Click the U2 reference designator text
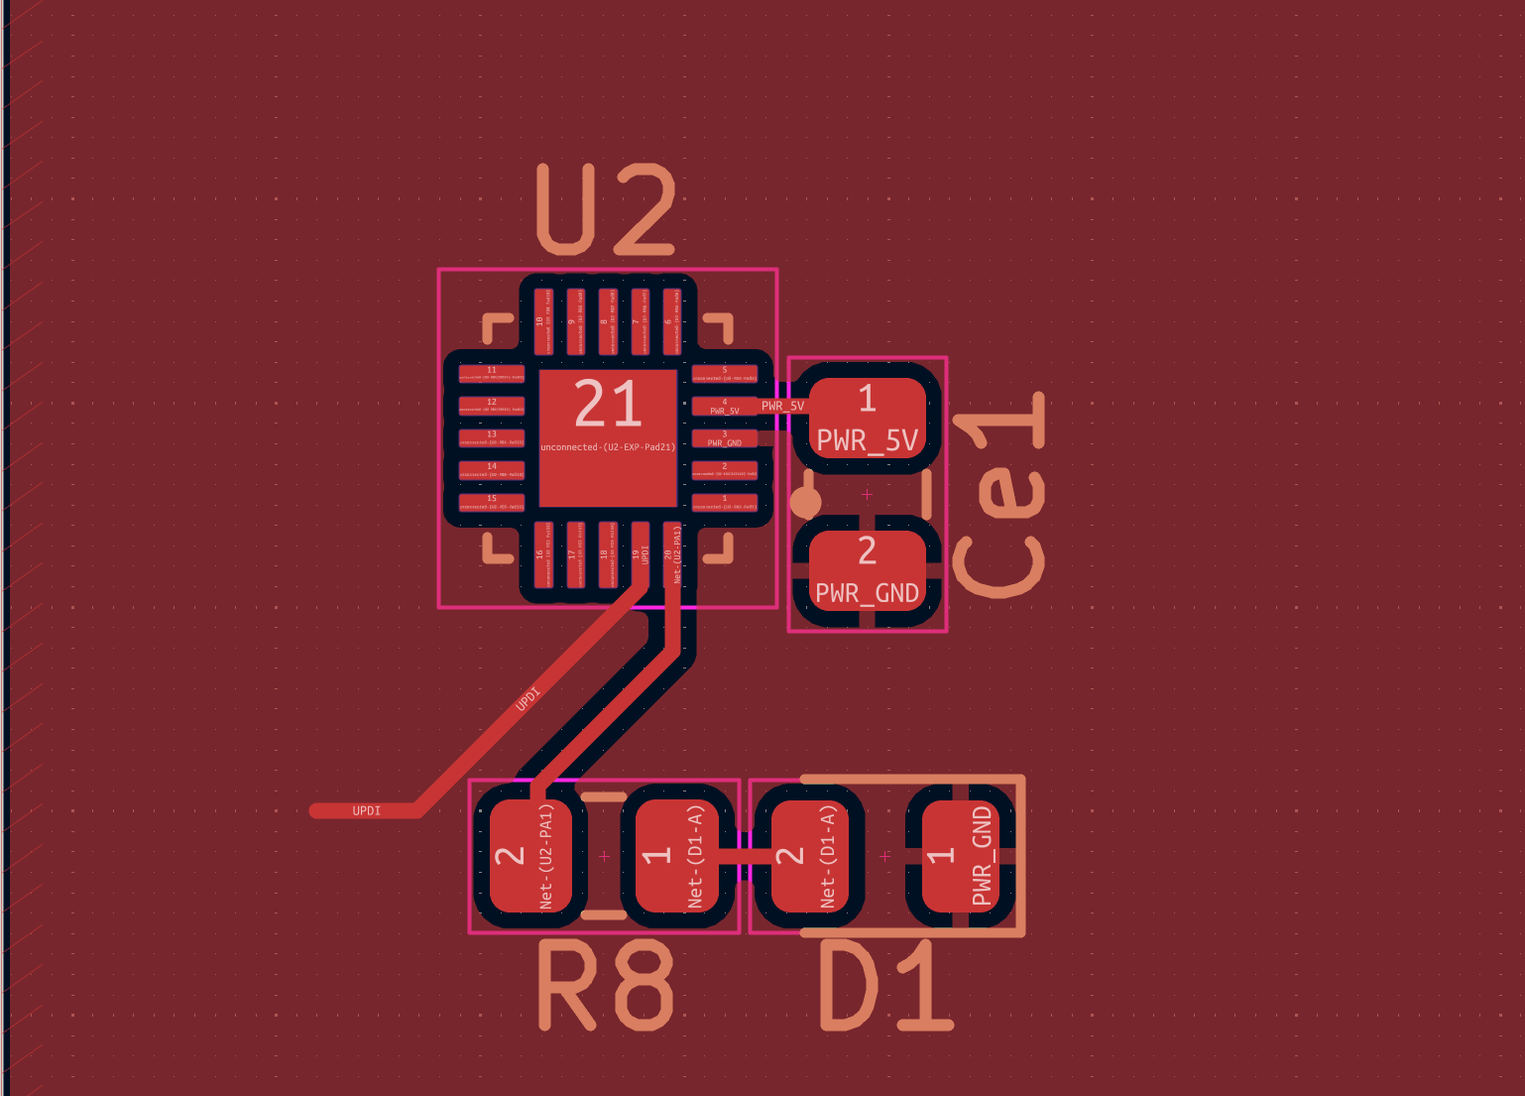pyautogui.click(x=606, y=210)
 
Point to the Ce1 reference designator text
pyautogui.click(x=999, y=495)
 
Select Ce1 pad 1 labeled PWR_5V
pyautogui.click(x=868, y=418)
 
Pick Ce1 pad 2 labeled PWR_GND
pyautogui.click(x=868, y=571)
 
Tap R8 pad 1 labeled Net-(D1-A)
pyautogui.click(x=676, y=856)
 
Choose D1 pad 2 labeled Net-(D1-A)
pyautogui.click(x=808, y=856)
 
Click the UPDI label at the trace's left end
pyautogui.click(x=366, y=811)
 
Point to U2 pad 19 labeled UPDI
pyautogui.click(x=641, y=554)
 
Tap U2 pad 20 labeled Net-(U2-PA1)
pyautogui.click(x=672, y=554)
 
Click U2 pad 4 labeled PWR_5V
pyautogui.click(x=724, y=406)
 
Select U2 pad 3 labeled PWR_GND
pyautogui.click(x=724, y=438)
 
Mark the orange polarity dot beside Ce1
pyautogui.click(x=805, y=502)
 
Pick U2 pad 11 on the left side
pyautogui.click(x=492, y=374)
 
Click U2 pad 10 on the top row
pyautogui.click(x=544, y=321)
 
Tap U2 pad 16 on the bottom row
pyautogui.click(x=544, y=554)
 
